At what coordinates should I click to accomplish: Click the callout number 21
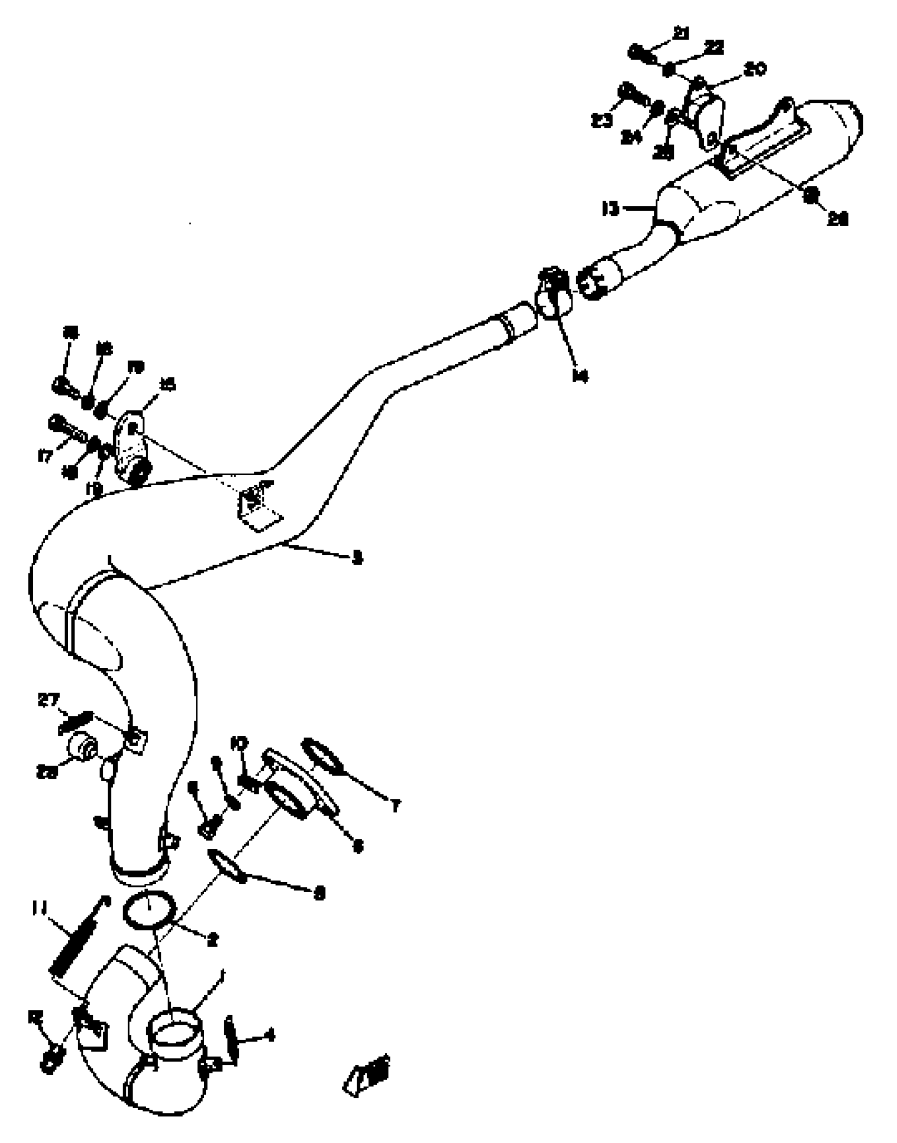pos(682,34)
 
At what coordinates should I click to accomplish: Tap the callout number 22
pos(713,48)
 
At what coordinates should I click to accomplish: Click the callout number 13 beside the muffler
pos(610,209)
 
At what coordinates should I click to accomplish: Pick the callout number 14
pos(580,376)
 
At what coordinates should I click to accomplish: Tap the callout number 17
pos(45,456)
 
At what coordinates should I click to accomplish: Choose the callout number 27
pos(49,701)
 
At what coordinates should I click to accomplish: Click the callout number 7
pos(395,806)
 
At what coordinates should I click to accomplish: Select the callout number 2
pos(213,940)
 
